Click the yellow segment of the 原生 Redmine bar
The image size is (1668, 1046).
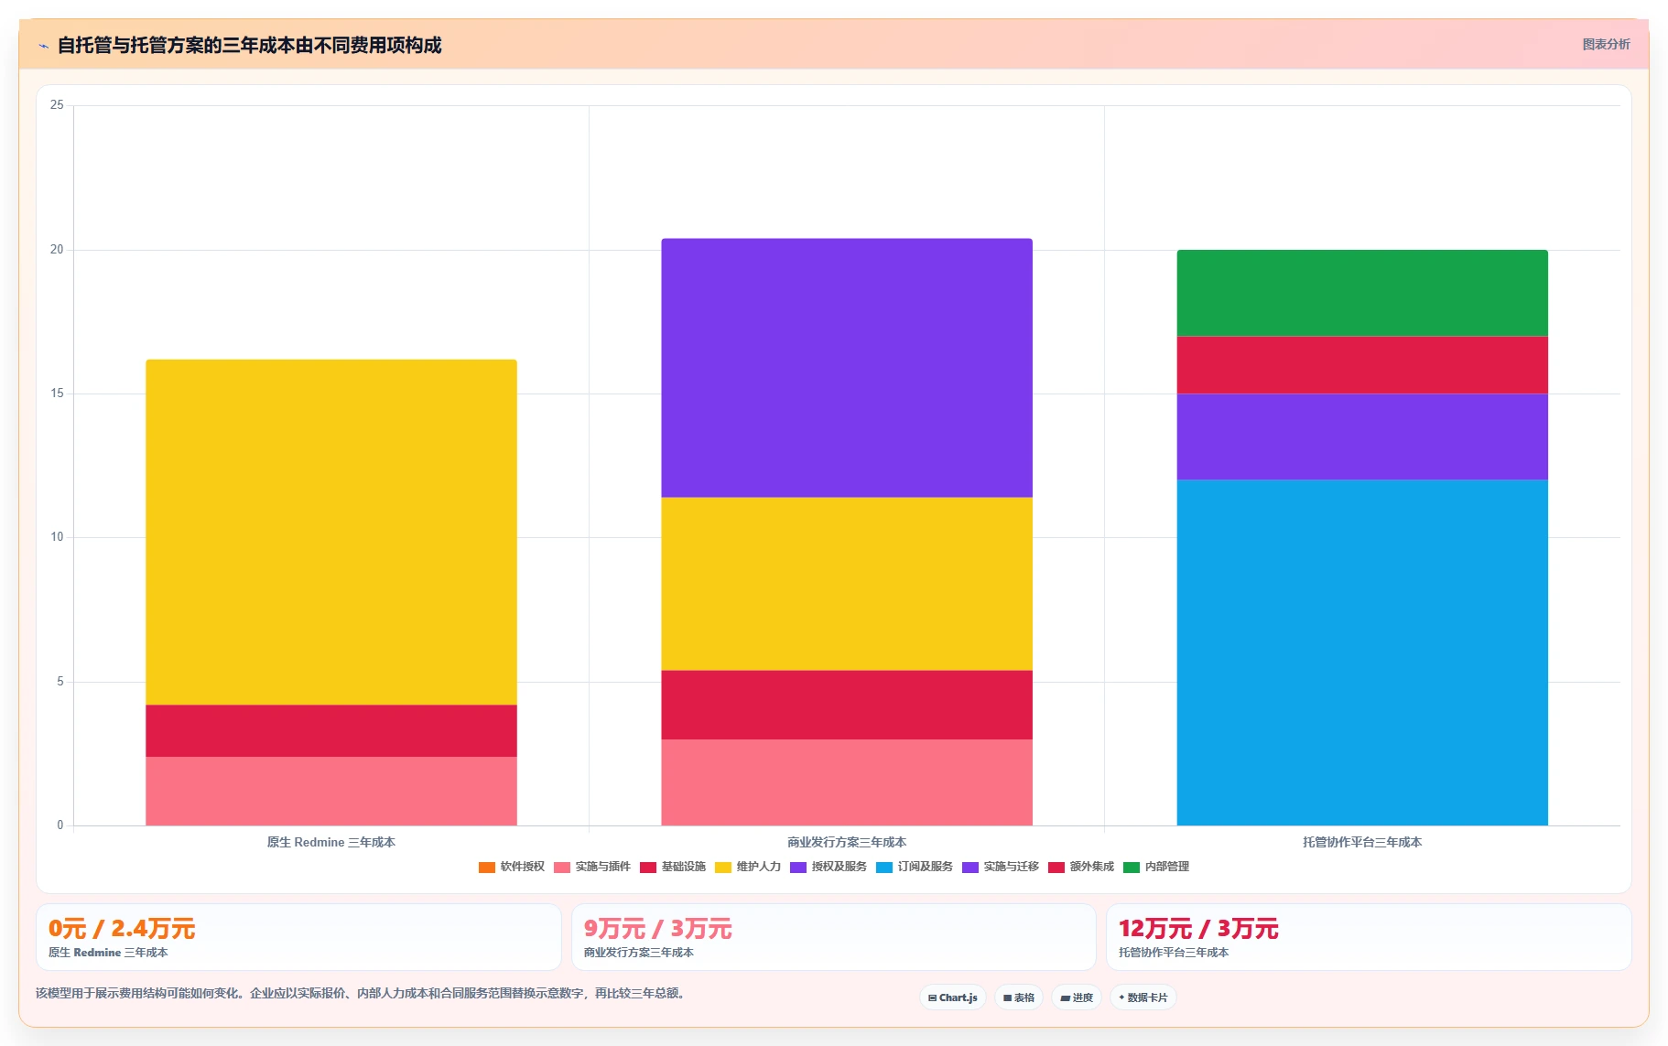coord(331,532)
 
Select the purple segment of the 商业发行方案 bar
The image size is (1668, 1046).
coord(847,368)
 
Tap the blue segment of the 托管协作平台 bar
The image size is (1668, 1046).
coord(1362,652)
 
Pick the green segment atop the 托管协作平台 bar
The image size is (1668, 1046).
coord(1362,293)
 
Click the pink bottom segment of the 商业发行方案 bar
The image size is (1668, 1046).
coord(847,782)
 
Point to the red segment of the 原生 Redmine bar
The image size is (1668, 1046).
coord(331,730)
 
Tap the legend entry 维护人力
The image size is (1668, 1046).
coord(747,867)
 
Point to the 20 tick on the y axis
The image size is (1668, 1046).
coord(57,250)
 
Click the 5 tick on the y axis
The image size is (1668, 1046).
coord(60,682)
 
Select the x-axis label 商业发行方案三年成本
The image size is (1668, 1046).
coord(847,842)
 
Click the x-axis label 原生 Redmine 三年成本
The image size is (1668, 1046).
coord(331,842)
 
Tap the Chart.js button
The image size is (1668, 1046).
coord(953,997)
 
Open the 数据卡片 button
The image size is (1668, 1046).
coord(1143,997)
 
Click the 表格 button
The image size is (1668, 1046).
coord(1019,997)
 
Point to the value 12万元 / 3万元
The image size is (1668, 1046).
coord(1198,929)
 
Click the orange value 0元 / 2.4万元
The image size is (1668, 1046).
coord(122,929)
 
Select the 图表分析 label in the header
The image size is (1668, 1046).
coord(1606,44)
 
